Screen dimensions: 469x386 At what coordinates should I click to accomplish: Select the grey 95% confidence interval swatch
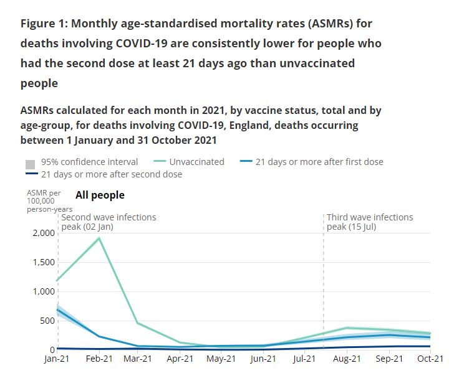(x=30, y=164)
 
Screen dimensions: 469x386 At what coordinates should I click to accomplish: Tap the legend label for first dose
(x=319, y=162)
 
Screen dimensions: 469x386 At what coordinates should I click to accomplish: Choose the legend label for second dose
(x=112, y=174)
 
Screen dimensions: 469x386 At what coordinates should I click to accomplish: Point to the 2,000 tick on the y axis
(x=44, y=233)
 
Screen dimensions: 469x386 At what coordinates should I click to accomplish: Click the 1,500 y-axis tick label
(x=44, y=262)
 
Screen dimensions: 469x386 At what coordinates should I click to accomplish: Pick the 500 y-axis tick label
(x=48, y=321)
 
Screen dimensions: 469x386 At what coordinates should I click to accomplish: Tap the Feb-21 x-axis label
(x=99, y=359)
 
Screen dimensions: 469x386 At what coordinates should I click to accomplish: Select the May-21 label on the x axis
(x=221, y=359)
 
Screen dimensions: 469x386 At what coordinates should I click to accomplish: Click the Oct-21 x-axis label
(x=430, y=359)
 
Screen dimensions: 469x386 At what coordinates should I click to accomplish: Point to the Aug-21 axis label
(x=347, y=359)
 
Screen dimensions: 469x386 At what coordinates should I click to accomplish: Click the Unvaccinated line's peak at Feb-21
(x=99, y=238)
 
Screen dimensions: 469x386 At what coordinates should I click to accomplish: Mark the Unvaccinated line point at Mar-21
(x=138, y=322)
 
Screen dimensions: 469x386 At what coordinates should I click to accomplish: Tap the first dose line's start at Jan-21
(x=57, y=309)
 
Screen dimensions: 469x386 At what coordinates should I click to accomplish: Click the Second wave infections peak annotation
(x=109, y=222)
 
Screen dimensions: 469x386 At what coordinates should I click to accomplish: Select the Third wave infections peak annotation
(x=370, y=222)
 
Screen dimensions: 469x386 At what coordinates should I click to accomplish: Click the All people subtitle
(x=100, y=195)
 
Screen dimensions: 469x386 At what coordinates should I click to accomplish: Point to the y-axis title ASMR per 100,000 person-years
(x=49, y=201)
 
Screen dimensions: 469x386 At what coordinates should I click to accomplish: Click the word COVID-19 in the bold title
(x=143, y=44)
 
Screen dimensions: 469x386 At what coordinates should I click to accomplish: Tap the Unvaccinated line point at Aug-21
(x=347, y=328)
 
